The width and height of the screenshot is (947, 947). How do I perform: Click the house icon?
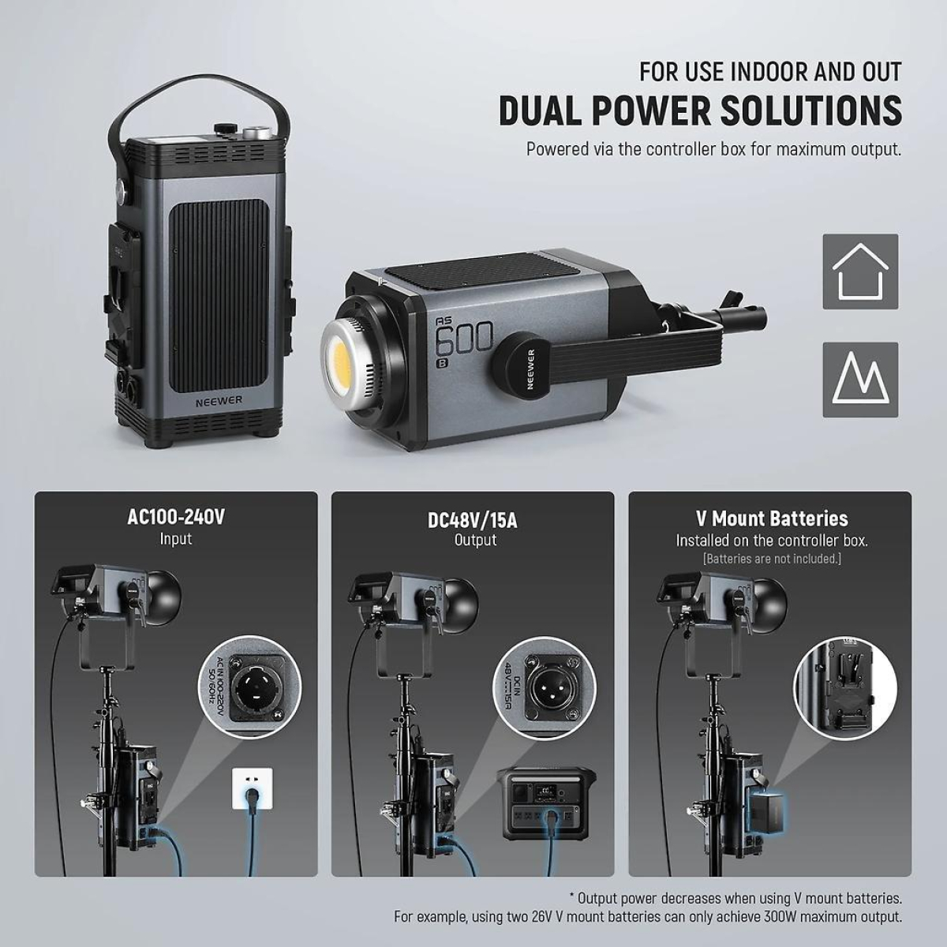860,271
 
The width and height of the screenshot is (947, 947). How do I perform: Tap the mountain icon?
860,380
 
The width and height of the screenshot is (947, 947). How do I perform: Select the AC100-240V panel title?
175,518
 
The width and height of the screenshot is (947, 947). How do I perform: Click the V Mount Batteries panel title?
771,518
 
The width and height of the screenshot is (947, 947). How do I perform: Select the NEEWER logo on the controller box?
220,400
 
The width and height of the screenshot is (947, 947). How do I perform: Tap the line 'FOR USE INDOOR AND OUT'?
770,72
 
